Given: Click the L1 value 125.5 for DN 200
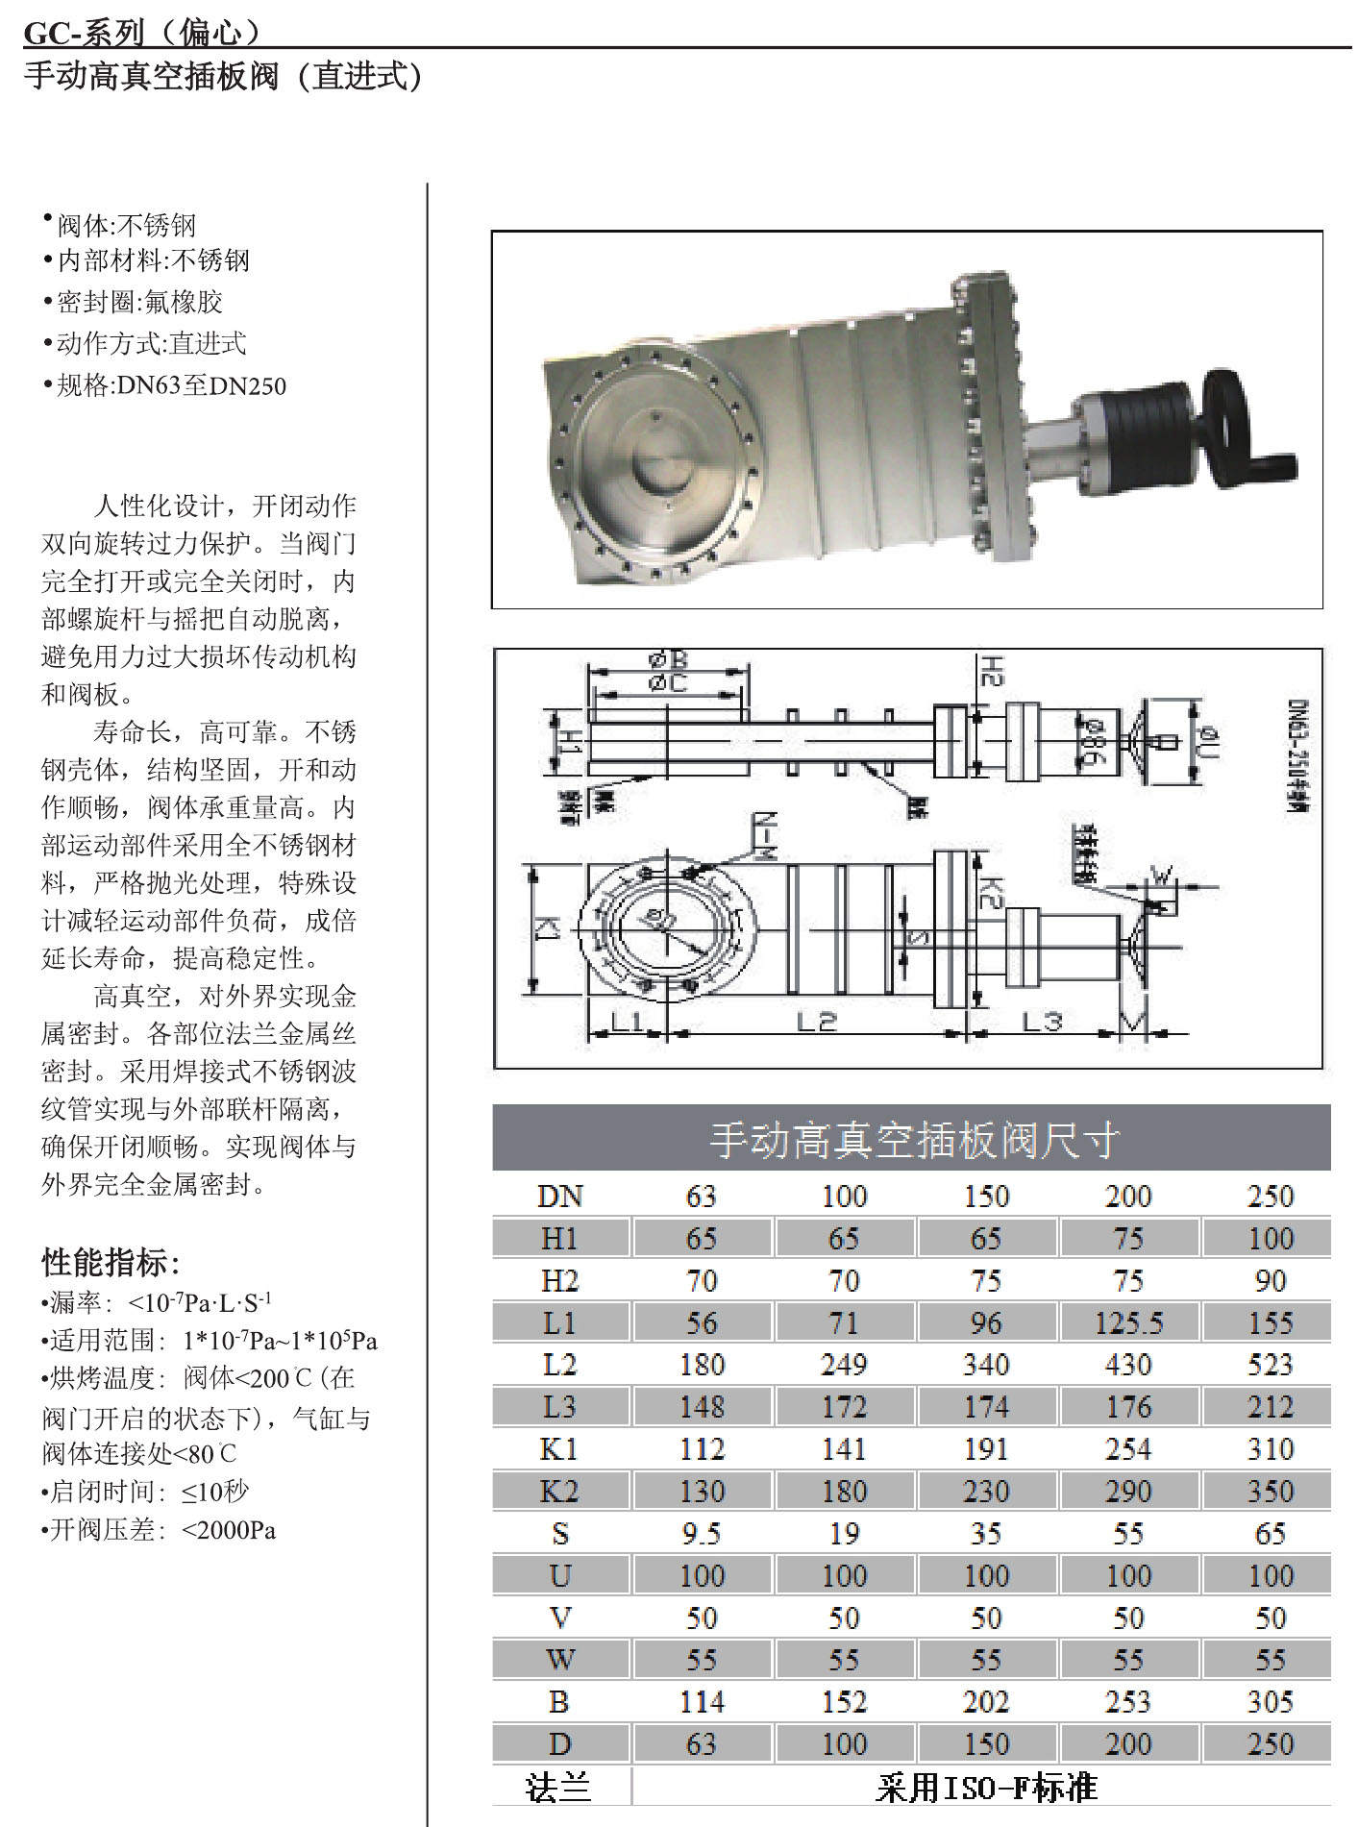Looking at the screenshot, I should (x=1129, y=1323).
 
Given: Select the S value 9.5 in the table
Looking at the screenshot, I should (x=702, y=1534).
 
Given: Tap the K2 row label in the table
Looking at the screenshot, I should (x=559, y=1492).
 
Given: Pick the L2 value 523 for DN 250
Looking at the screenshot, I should (x=1270, y=1366).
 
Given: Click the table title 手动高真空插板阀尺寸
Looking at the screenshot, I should (x=913, y=1140).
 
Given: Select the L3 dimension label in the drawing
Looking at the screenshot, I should (x=1041, y=1021).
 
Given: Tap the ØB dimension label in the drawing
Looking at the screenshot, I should (x=669, y=660).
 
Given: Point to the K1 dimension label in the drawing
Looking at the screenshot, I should (x=546, y=928).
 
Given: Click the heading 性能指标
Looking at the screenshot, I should (x=111, y=1262).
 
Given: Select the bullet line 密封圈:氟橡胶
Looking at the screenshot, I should (x=134, y=302).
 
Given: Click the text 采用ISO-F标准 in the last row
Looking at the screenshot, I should (x=986, y=1788).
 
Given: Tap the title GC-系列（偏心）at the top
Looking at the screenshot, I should (x=142, y=33).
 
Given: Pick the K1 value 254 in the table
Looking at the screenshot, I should (x=1128, y=1449).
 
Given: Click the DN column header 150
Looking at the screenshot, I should (x=986, y=1197).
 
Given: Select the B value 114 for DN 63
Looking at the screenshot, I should (x=702, y=1703).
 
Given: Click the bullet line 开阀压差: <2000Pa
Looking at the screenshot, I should (x=160, y=1529).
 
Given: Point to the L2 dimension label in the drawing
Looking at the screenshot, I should (x=817, y=1021).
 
